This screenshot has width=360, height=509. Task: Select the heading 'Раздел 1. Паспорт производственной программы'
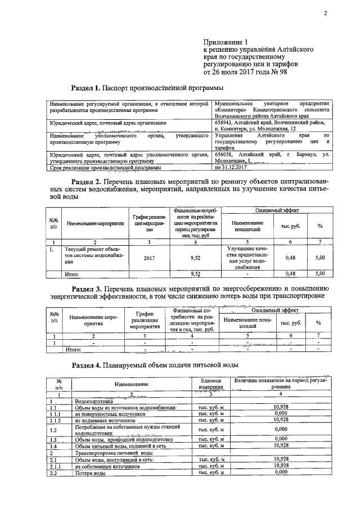(147, 88)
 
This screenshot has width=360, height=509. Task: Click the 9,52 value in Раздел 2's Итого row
(196, 274)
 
